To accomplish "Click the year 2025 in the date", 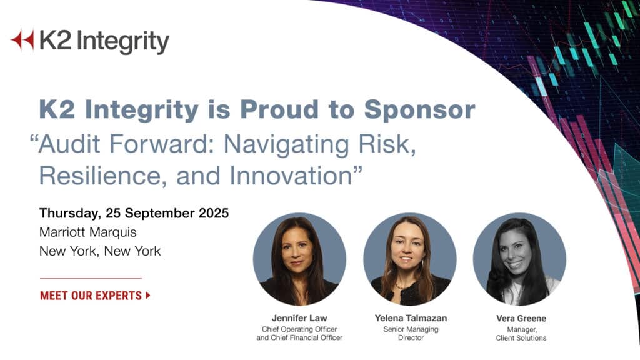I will pos(210,213).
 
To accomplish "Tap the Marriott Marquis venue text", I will pos(87,232).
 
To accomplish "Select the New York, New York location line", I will pos(100,251).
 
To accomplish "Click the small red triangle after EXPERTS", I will pos(148,296).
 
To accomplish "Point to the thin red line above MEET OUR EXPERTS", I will pos(91,278).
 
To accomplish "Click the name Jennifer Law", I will pos(299,318).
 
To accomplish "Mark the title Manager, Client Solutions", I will pos(521,334).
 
